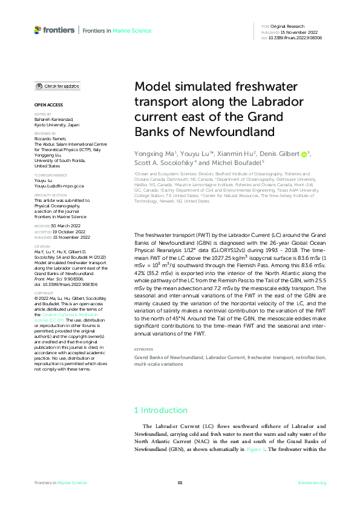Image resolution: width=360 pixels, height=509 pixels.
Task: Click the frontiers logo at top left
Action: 54,30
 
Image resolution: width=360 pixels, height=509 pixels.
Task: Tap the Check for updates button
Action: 57,86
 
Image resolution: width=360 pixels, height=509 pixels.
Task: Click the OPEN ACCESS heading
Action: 46,105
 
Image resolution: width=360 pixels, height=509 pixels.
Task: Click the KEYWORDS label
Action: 143,349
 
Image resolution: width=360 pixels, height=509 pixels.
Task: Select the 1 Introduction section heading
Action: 160,410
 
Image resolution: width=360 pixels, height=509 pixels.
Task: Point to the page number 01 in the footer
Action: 180,482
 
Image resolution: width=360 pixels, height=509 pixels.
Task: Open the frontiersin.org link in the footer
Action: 312,482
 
